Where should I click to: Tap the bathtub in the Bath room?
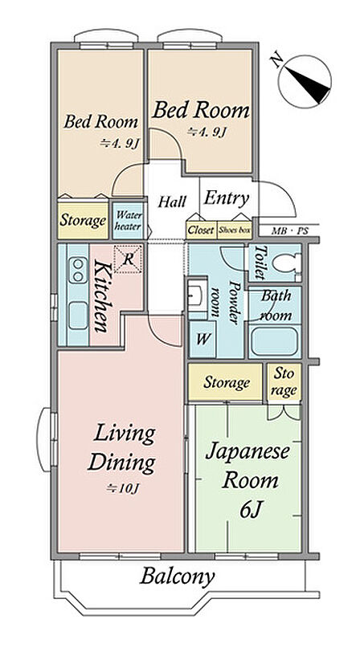coord(275,341)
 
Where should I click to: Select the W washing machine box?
coord(202,339)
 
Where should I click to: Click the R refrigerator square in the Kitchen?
coord(129,259)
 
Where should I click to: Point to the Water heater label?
coord(129,222)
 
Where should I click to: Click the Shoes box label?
coord(235,230)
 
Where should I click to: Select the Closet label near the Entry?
coord(202,230)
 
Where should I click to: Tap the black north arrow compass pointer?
coord(309,86)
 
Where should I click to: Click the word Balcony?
coord(178,577)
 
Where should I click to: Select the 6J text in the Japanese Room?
coord(251,510)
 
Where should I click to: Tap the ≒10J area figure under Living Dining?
coord(122,488)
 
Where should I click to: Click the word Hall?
coord(172,202)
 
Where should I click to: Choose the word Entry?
coord(227,198)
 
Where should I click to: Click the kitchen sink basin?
coord(78,316)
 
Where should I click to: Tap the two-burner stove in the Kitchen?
coord(78,271)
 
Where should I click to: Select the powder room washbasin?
coord(196,297)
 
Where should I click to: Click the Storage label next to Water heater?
coord(83,221)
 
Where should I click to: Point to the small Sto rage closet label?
coord(284,381)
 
